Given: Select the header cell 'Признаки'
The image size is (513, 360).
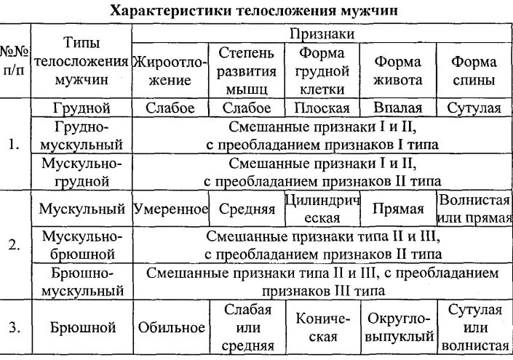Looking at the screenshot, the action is pyautogui.click(x=322, y=34).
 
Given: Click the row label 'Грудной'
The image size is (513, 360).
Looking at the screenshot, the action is pyautogui.click(x=81, y=108).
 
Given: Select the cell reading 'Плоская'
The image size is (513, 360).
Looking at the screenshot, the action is pyautogui.click(x=321, y=108).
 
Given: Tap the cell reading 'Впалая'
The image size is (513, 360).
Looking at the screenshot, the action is pyautogui.click(x=398, y=108).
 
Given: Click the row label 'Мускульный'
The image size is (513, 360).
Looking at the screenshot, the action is pyautogui.click(x=81, y=209).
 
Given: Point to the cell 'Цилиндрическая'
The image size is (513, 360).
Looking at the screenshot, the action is pyautogui.click(x=321, y=209).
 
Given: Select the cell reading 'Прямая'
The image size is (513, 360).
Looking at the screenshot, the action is pyautogui.click(x=398, y=209).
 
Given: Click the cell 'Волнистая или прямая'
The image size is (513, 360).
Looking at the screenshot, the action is pyautogui.click(x=473, y=209).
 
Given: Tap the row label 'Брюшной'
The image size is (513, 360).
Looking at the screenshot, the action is pyautogui.click(x=81, y=327).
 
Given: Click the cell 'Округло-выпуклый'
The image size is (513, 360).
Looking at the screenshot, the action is pyautogui.click(x=398, y=327).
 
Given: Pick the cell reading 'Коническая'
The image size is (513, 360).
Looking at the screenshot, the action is pyautogui.click(x=321, y=327).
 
